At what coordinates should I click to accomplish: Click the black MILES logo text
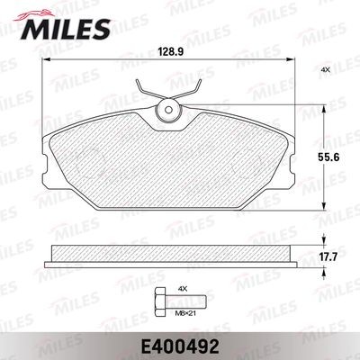(x=66, y=30)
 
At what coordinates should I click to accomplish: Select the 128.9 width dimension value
(x=170, y=51)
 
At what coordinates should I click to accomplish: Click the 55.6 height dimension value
(x=328, y=157)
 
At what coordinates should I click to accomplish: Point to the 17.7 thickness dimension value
(x=329, y=257)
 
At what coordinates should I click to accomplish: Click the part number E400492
(x=178, y=347)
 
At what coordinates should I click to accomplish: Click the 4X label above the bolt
(x=183, y=289)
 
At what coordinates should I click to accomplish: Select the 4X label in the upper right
(x=325, y=69)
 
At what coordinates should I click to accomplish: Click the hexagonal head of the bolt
(x=160, y=301)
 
